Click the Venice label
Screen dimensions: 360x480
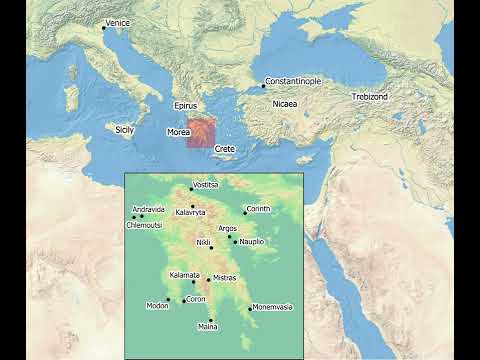[118, 22]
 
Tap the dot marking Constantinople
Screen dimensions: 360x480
[263, 87]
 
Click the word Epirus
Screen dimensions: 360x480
[185, 105]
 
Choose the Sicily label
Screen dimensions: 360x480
[124, 129]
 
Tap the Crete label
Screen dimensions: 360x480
[224, 148]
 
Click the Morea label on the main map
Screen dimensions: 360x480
[178, 131]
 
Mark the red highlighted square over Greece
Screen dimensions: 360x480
[201, 132]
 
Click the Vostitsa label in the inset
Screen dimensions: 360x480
[205, 185]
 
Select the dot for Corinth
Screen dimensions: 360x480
[244, 213]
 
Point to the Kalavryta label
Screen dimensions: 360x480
[190, 213]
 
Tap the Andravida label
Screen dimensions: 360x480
[148, 209]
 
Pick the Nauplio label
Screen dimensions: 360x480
[250, 242]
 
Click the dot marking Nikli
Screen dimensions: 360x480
[211, 248]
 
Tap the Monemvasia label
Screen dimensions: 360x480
[272, 307]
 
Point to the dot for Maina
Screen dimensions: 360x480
[211, 320]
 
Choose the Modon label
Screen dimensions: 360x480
[157, 306]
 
